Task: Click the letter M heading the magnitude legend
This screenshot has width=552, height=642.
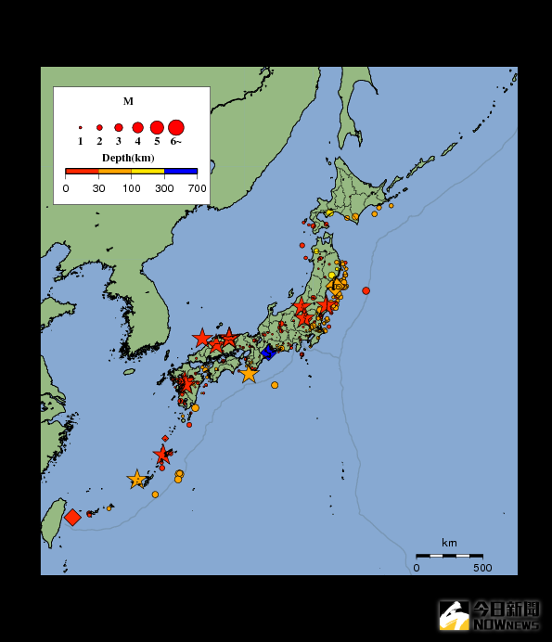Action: point(128,101)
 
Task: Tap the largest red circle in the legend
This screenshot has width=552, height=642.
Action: point(176,127)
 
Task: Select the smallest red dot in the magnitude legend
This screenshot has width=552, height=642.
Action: point(81,127)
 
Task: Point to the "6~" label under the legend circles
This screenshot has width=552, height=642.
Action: point(176,142)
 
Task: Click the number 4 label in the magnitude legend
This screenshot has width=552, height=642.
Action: point(137,142)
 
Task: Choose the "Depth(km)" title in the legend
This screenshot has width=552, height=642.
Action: point(128,158)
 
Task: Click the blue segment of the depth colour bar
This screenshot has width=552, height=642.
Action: point(181,172)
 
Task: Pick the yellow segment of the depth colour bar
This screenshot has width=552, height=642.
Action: point(148,172)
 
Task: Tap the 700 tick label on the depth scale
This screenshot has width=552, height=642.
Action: point(197,188)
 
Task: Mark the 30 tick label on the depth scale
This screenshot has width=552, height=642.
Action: point(98,188)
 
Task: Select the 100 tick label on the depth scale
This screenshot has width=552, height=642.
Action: point(132,188)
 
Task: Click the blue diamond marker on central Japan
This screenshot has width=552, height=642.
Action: point(268,352)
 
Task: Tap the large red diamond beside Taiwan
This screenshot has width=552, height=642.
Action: point(72,517)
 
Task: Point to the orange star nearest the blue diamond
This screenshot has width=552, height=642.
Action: point(249,374)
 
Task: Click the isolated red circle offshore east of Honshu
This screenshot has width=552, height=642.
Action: point(366,291)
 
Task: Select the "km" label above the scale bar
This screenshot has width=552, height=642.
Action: point(449,543)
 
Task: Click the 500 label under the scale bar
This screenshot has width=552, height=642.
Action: point(482,568)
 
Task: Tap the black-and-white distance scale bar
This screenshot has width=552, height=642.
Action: point(449,555)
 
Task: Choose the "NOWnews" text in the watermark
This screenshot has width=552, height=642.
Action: point(507,624)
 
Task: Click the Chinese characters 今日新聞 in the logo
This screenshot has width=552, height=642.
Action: point(507,609)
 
